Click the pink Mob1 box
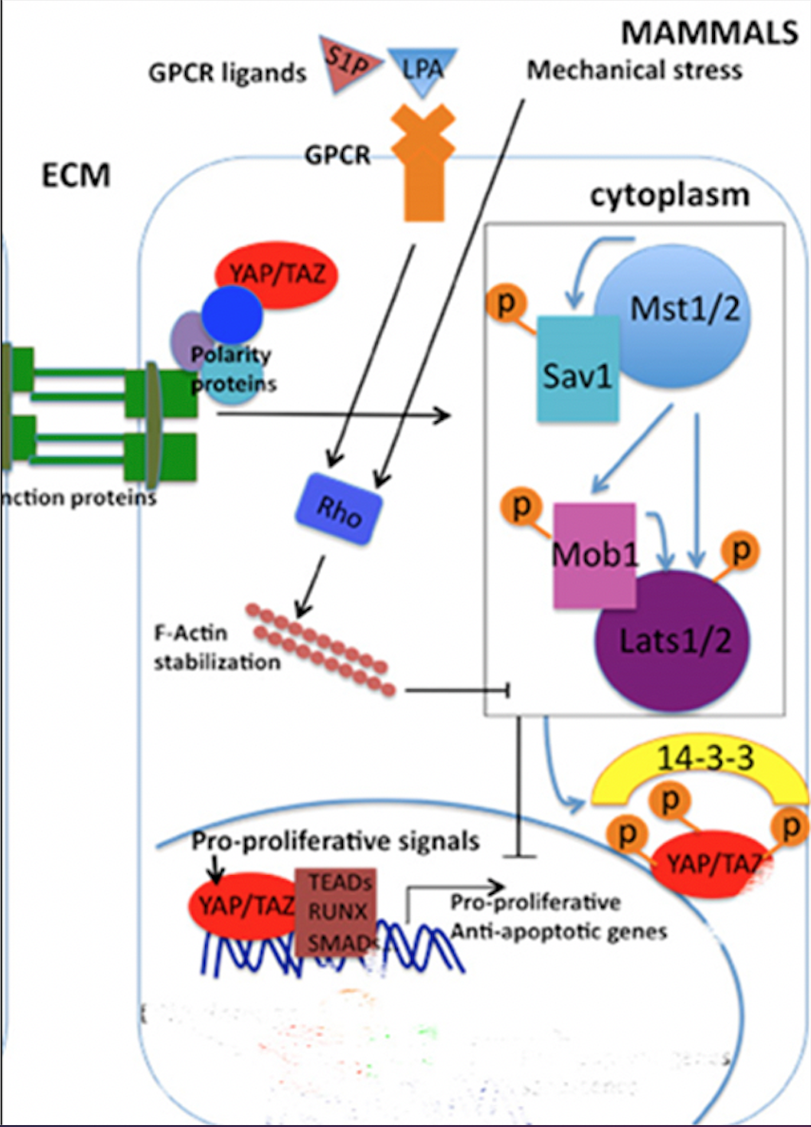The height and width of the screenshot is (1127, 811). [594, 555]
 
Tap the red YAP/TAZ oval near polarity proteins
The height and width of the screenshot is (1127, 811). [277, 277]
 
